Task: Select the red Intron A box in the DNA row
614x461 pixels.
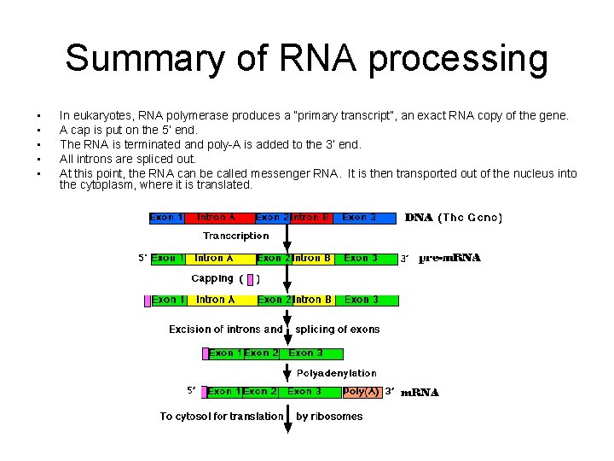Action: coord(220,218)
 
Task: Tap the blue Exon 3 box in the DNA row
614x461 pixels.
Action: coord(365,218)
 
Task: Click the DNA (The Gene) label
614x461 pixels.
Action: coord(453,218)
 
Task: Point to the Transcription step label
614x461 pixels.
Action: coord(235,236)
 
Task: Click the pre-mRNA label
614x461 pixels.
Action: coord(450,258)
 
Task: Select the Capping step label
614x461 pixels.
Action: coord(212,278)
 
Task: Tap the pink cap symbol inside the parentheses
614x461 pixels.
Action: coord(249,278)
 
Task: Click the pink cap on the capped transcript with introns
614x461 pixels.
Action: coord(148,300)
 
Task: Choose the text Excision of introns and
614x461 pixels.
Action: coord(226,330)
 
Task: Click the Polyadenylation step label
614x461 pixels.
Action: coord(336,373)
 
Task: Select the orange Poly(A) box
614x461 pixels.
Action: coord(362,392)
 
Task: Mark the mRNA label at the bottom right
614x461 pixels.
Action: coord(420,393)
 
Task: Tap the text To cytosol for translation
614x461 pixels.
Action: coord(222,417)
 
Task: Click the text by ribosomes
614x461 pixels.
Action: coord(329,417)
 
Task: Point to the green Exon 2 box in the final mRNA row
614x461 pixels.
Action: coord(260,392)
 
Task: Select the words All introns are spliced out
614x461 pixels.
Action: coord(128,159)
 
